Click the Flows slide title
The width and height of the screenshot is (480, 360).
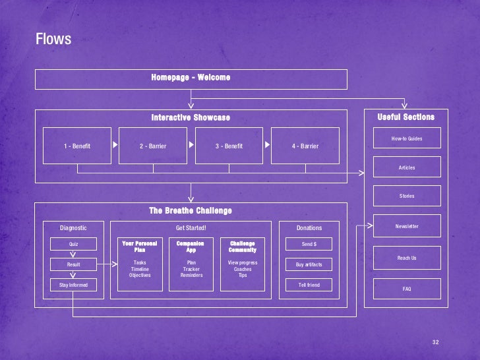[x=53, y=40]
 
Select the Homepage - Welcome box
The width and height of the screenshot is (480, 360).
[x=191, y=78]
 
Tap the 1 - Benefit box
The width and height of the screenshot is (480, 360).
[x=77, y=146]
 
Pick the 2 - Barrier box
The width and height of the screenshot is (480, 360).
[x=153, y=146]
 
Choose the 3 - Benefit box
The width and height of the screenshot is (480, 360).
[x=229, y=146]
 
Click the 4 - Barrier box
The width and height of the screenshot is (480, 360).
[x=305, y=146]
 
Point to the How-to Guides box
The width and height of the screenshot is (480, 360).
[x=407, y=138]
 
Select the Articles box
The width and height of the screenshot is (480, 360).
[x=407, y=167]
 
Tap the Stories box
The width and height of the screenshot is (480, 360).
[x=407, y=196]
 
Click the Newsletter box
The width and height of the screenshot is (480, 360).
[x=407, y=226]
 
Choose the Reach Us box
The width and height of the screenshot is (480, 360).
[x=407, y=258]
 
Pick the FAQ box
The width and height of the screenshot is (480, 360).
[x=407, y=289]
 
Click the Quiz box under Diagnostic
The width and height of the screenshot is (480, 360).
[x=73, y=244]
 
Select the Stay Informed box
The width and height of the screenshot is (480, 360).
[x=73, y=285]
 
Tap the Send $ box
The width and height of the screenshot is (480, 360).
[x=309, y=244]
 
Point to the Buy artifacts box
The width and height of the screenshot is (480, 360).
[x=309, y=264]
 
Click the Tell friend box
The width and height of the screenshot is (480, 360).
[x=309, y=285]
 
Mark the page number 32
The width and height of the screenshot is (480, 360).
[x=435, y=342]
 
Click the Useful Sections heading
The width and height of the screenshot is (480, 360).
[x=406, y=117]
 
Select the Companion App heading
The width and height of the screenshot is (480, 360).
[x=191, y=247]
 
